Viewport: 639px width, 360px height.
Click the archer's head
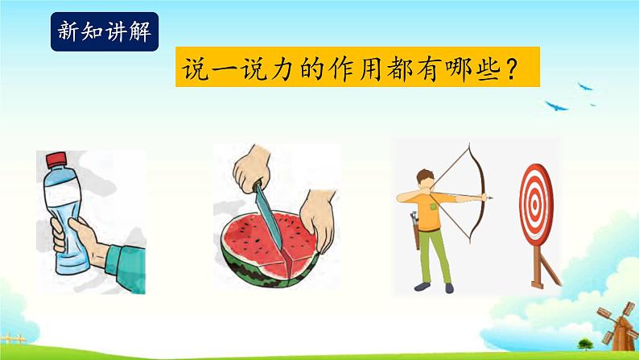[x=423, y=179]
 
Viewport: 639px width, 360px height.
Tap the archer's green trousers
[x=427, y=258]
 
